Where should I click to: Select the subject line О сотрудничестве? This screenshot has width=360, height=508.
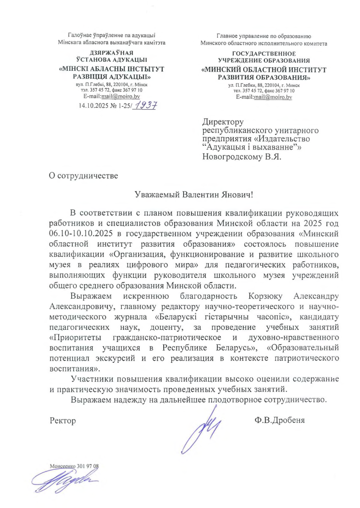83,175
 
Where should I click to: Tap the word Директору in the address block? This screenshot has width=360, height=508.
223,122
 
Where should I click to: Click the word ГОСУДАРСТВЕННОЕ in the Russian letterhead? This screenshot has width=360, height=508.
264,54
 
